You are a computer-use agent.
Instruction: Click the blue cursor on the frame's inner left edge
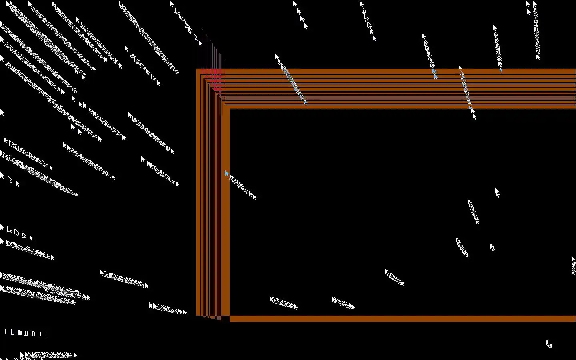pos(227,173)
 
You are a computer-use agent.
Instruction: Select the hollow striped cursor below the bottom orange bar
pos(550,344)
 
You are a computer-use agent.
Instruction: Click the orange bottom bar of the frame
pos(400,319)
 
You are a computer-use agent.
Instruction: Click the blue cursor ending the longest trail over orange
pos(305,102)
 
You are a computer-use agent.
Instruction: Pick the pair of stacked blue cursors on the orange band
pos(434,73)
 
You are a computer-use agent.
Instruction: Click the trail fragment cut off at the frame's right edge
pos(573,266)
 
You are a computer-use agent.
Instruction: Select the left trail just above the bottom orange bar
pos(283,303)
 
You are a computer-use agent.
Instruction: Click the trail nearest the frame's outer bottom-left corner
pos(168,309)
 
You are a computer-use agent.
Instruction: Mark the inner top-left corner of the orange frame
pos(230,109)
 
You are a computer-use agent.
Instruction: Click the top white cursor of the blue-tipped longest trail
pos(277,57)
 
